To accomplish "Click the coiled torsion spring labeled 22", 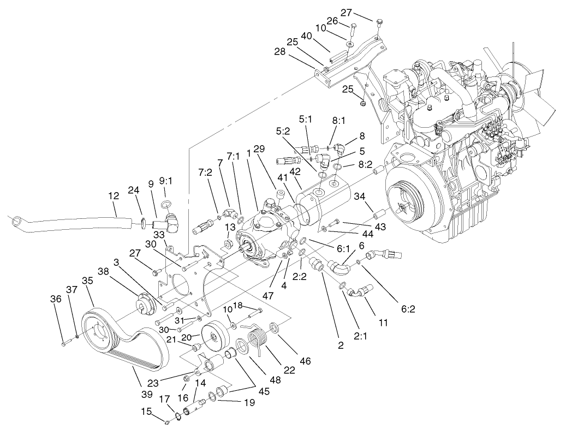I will coord(258,341).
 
